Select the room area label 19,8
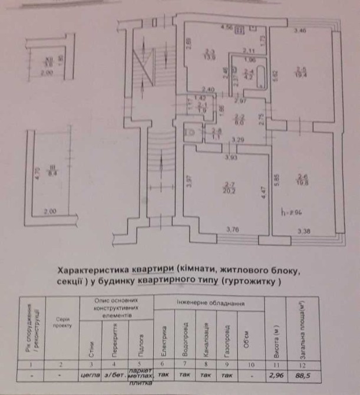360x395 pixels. (303, 182)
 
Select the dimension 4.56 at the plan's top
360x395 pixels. (227, 28)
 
